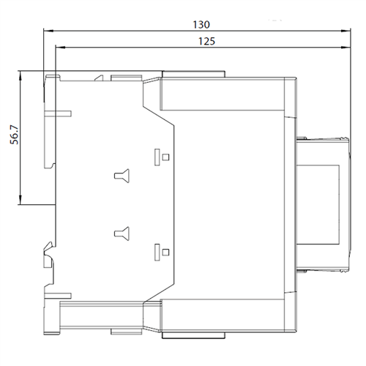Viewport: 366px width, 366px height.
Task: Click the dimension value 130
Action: (201, 25)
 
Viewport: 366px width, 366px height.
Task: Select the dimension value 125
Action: (206, 41)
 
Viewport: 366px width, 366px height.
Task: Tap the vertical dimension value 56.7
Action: (15, 135)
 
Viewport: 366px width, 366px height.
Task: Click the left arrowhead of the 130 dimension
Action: (48, 31)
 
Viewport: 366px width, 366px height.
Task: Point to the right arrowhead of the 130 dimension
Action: (346, 31)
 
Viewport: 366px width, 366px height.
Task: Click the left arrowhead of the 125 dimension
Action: (61, 48)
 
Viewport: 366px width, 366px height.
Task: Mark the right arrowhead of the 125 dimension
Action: (346, 48)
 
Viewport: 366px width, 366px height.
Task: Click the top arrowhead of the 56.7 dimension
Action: (20, 75)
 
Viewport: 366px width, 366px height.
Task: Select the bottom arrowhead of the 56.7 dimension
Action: (20, 200)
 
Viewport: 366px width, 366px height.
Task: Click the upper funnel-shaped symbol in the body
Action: (122, 176)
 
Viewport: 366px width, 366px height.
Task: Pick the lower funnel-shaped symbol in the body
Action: (122, 234)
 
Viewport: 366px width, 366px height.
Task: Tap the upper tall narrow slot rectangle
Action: (157, 157)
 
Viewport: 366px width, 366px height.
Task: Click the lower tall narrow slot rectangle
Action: (157, 253)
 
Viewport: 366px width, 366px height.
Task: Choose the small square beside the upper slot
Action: (165, 157)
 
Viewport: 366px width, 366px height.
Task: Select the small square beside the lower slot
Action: (165, 252)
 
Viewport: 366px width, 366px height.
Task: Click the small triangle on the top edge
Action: (100, 78)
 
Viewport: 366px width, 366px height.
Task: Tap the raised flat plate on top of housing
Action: (193, 74)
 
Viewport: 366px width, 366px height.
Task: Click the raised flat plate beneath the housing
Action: (193, 335)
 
